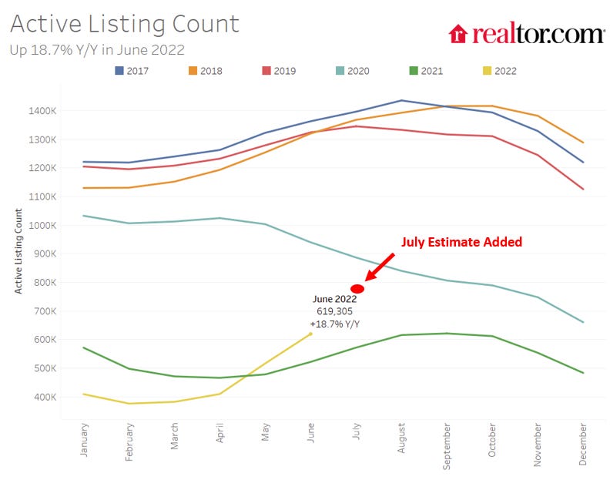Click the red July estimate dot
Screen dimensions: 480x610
pyautogui.click(x=357, y=289)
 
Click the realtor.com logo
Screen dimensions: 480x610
pyautogui.click(x=527, y=33)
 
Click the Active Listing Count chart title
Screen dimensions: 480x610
pyautogui.click(x=125, y=23)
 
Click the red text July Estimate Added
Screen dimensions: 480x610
pyautogui.click(x=461, y=242)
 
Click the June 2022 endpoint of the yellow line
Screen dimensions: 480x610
pyautogui.click(x=311, y=334)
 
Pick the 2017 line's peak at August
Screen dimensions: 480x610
pyautogui.click(x=401, y=100)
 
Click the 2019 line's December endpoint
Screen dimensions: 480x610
pyautogui.click(x=583, y=190)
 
